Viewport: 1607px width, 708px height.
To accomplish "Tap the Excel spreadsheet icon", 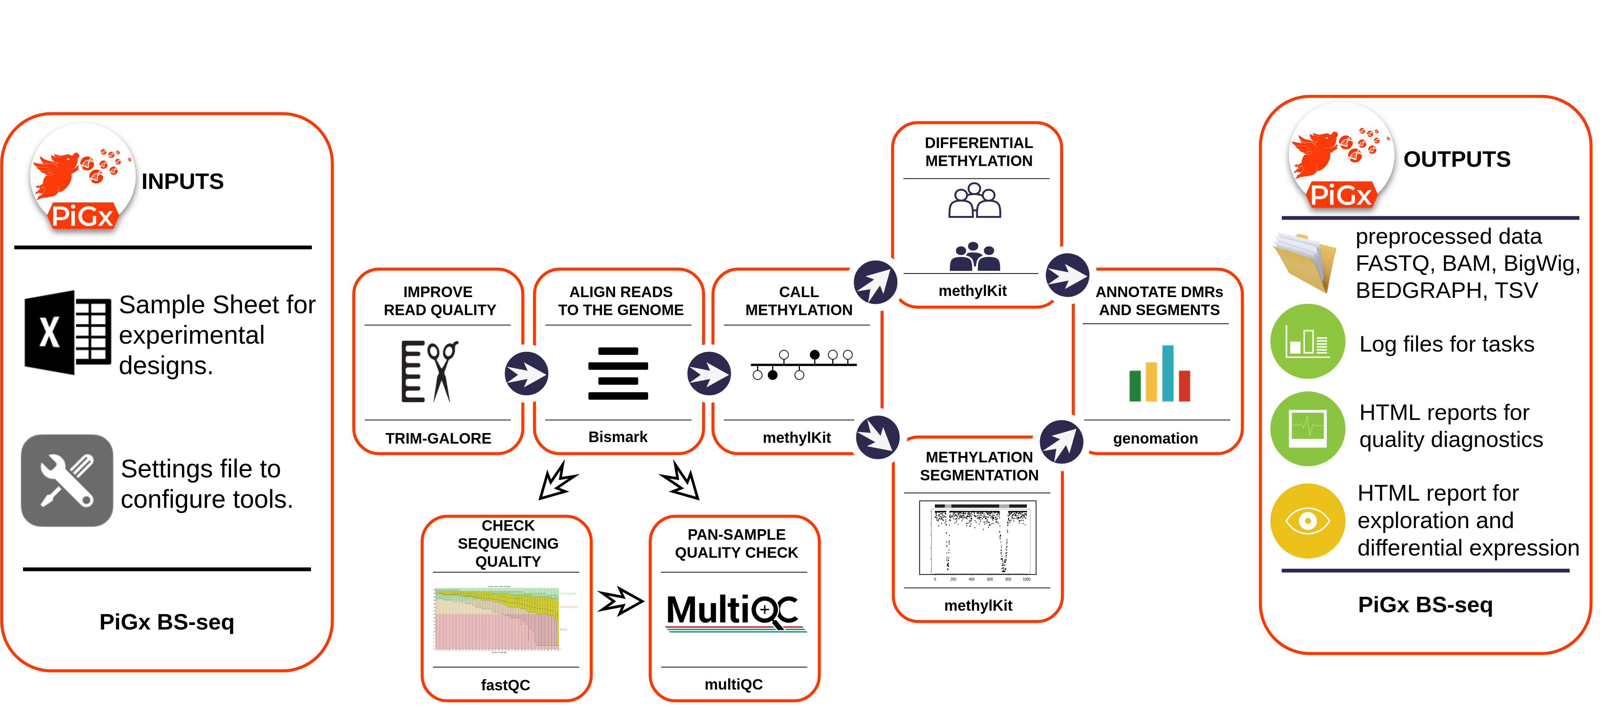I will point(67,332).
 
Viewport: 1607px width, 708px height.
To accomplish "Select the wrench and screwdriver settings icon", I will point(67,480).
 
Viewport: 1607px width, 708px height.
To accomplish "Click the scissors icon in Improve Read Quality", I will point(443,371).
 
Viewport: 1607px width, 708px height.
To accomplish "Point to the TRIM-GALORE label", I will point(438,439).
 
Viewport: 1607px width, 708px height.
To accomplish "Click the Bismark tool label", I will point(618,437).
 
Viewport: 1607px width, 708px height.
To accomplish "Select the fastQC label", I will point(505,685).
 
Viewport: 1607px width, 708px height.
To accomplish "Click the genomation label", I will point(1155,439).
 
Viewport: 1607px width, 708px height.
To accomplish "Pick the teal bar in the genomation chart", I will point(1168,373).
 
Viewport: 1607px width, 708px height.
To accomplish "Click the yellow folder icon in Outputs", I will point(1305,262).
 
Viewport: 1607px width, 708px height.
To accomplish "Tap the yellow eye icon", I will point(1308,520).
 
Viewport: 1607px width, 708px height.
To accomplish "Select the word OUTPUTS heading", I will point(1457,160).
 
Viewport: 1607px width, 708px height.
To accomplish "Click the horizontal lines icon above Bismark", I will point(618,373).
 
